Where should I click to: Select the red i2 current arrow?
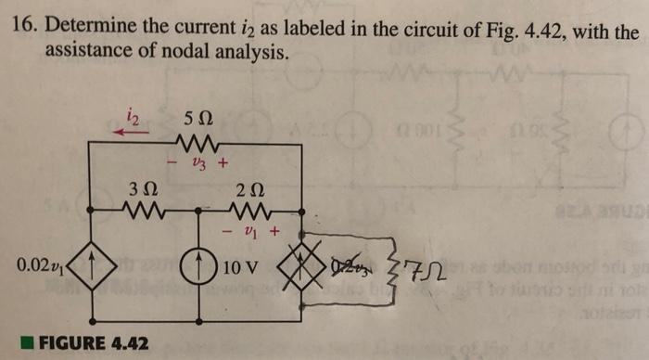coord(131,132)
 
